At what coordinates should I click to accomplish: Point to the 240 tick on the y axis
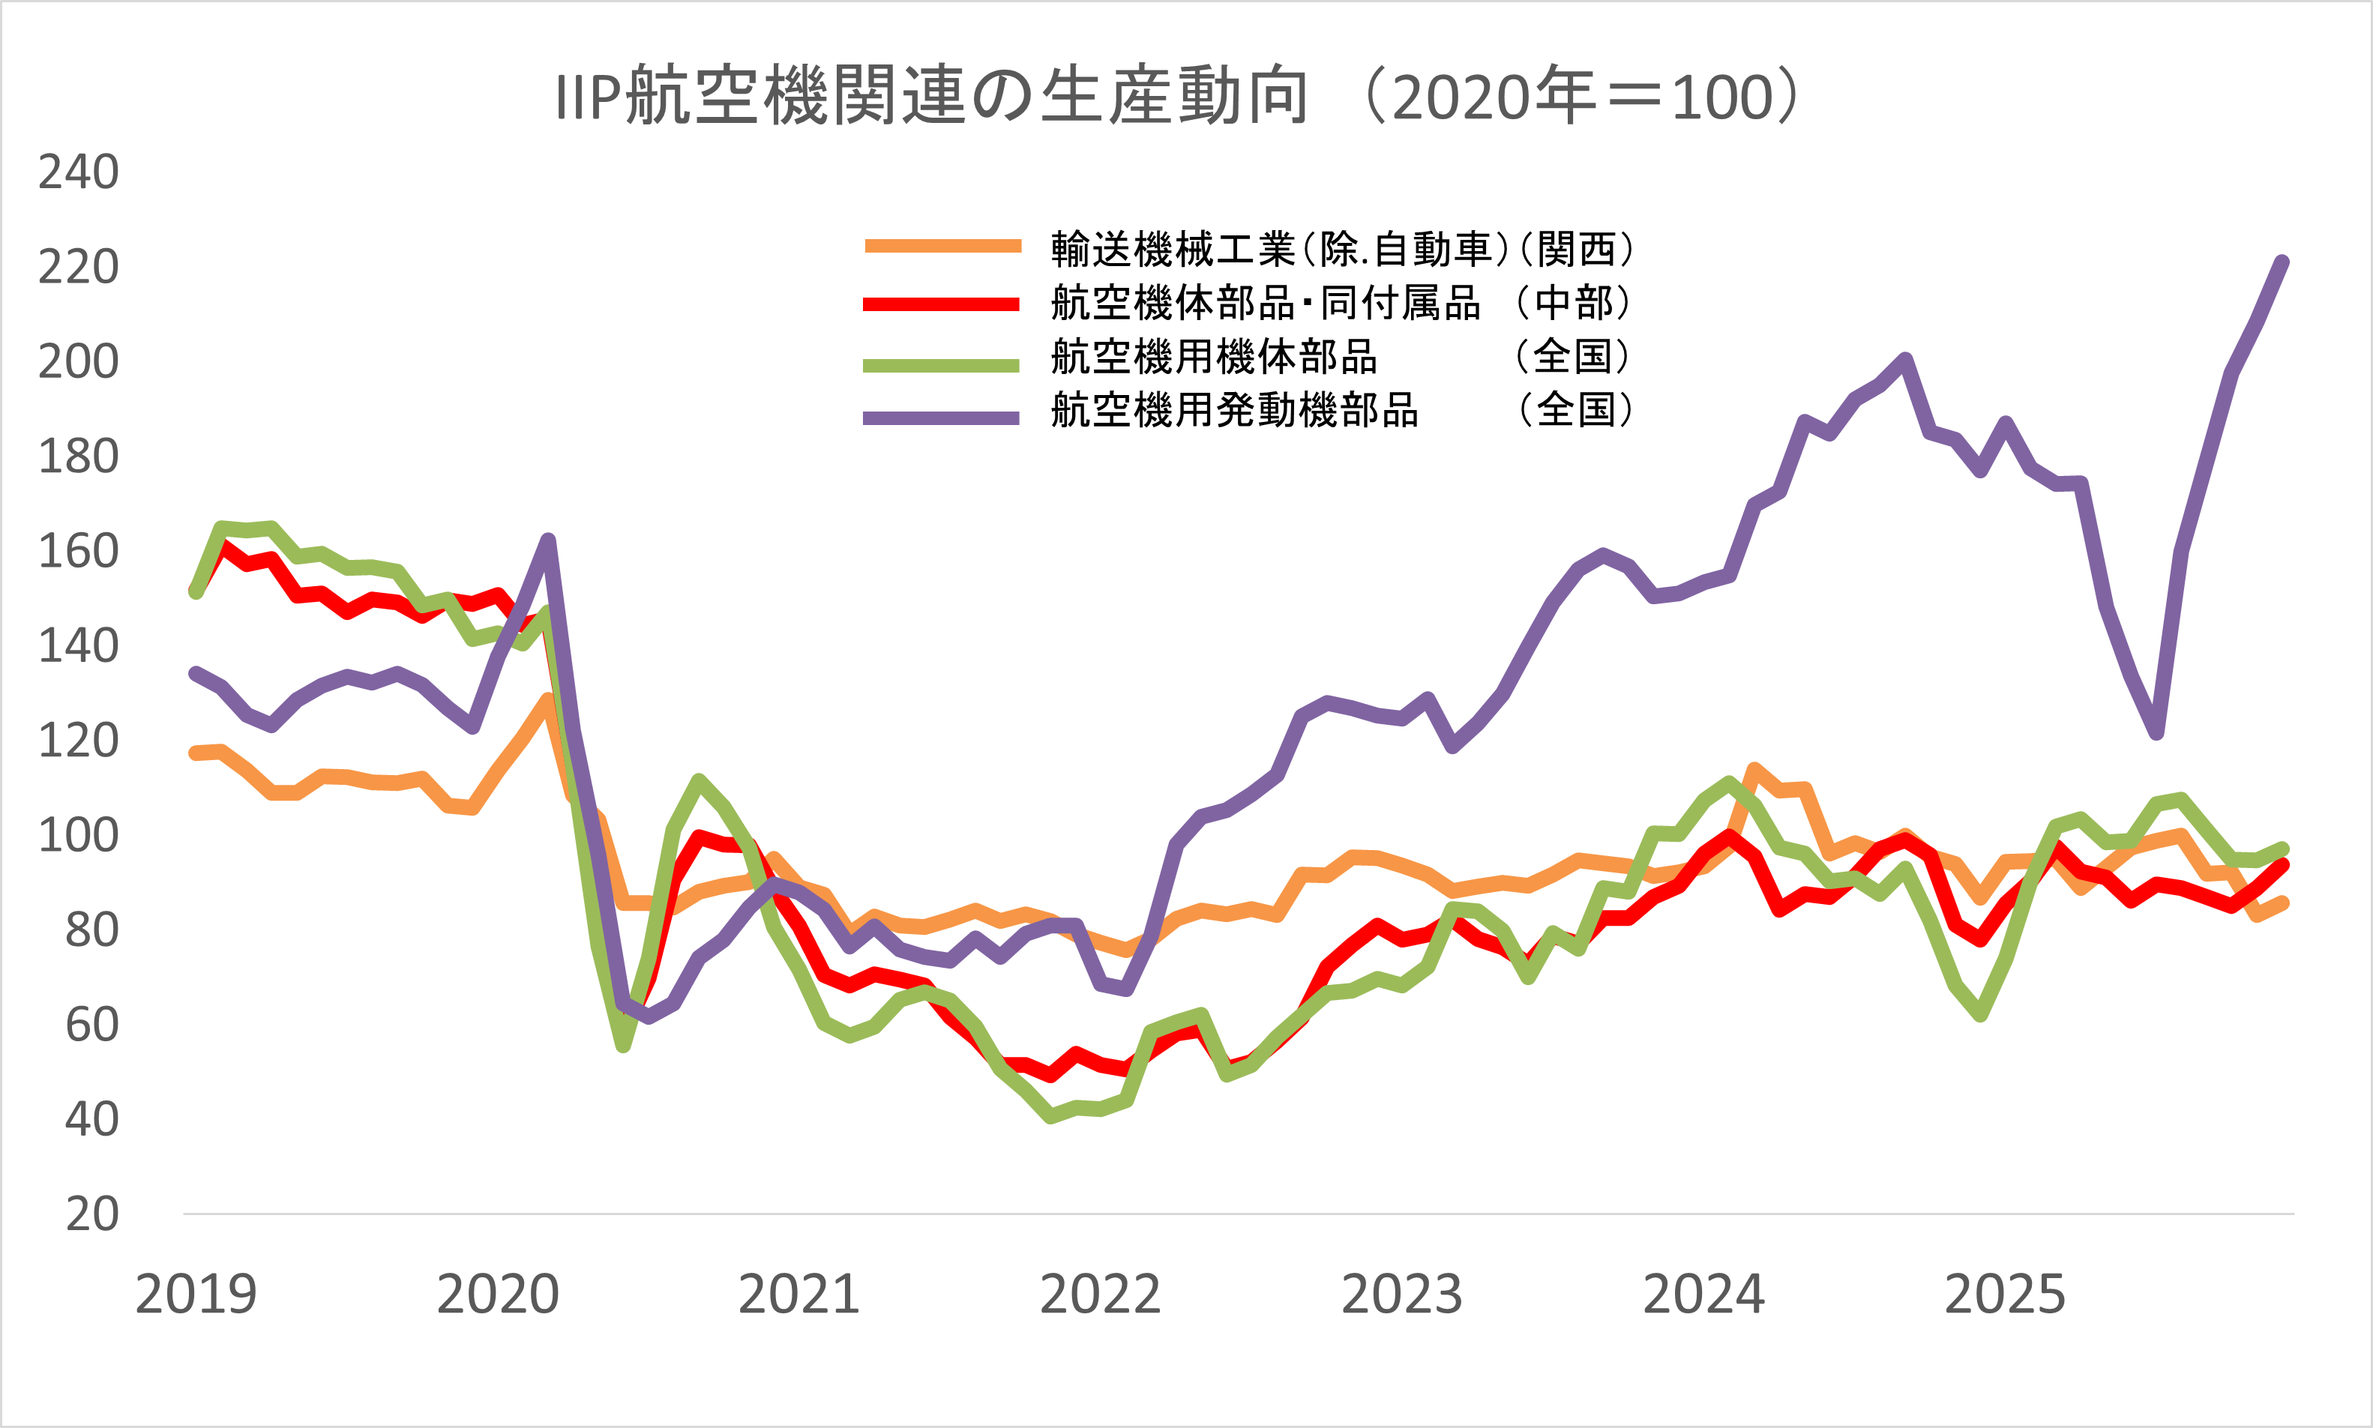pyautogui.click(x=78, y=172)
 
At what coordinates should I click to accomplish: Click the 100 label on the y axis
pyautogui.click(x=78, y=835)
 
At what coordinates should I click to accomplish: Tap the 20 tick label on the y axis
pyautogui.click(x=91, y=1214)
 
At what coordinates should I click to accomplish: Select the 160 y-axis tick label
pyautogui.click(x=78, y=552)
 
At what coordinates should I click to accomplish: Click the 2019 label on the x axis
pyautogui.click(x=196, y=1295)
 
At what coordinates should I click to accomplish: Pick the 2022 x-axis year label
pyautogui.click(x=1100, y=1295)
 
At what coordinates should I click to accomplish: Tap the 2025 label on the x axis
pyautogui.click(x=2004, y=1295)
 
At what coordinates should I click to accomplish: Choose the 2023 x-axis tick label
pyautogui.click(x=1401, y=1295)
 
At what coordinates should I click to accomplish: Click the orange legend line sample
pyautogui.click(x=942, y=247)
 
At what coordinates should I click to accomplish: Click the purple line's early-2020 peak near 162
pyautogui.click(x=547, y=540)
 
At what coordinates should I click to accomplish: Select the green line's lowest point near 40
pyautogui.click(x=1051, y=1116)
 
